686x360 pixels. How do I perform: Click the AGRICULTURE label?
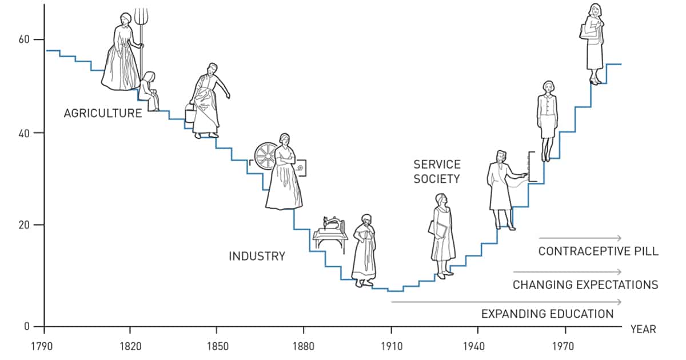click(103, 113)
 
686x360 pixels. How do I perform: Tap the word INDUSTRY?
click(257, 256)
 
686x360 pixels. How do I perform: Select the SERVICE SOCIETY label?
click(437, 171)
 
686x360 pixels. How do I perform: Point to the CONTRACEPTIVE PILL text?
click(598, 251)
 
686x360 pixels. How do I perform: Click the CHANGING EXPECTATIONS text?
click(585, 285)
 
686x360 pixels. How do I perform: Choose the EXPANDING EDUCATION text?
click(547, 314)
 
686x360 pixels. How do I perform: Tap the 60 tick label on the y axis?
click(23, 39)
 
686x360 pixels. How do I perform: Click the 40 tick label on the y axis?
click(23, 133)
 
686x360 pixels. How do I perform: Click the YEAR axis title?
click(643, 330)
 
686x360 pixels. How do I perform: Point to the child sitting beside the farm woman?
click(150, 90)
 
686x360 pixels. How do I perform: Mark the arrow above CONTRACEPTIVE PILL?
click(580, 238)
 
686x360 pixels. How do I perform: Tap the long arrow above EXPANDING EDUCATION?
click(506, 302)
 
